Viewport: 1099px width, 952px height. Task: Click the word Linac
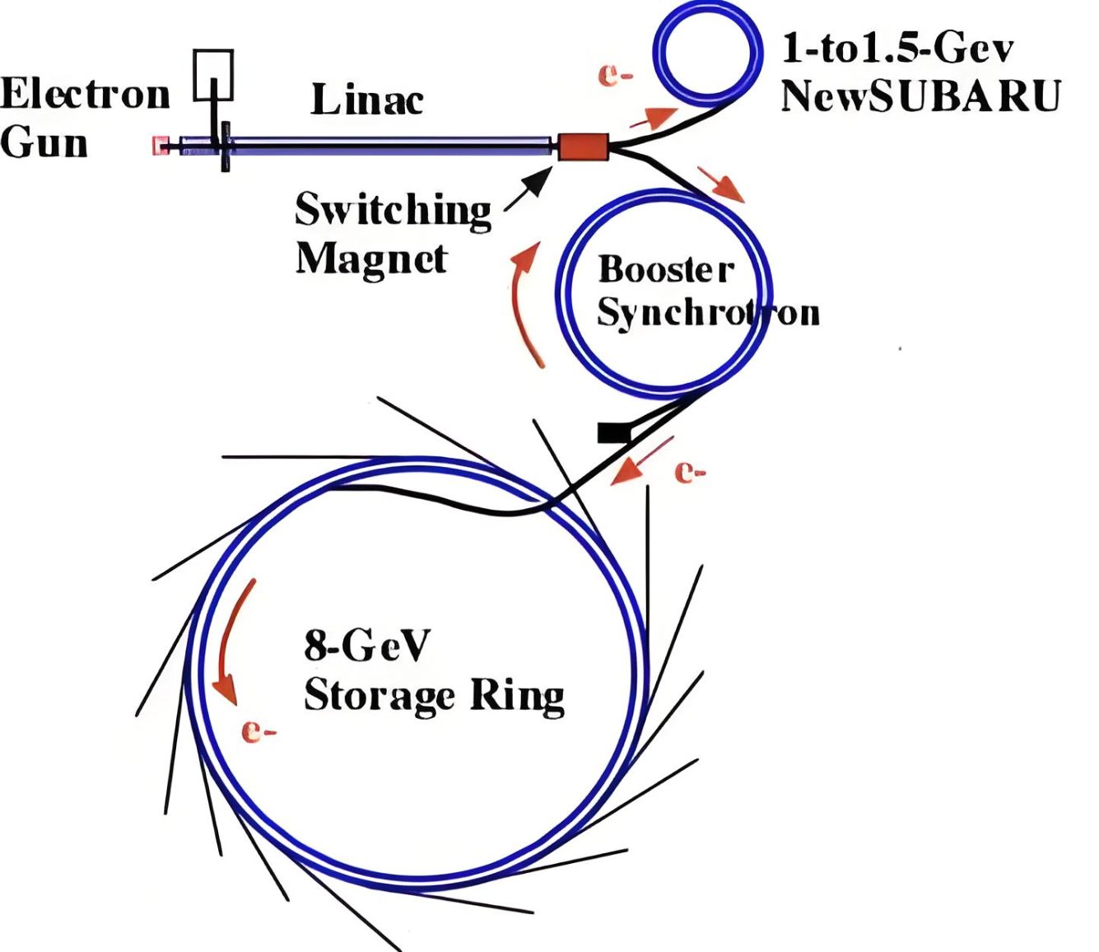tap(367, 100)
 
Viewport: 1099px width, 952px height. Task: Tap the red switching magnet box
tap(584, 147)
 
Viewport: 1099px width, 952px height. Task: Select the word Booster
tap(665, 269)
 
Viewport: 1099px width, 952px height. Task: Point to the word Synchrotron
tap(708, 313)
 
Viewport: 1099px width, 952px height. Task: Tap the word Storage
tap(379, 696)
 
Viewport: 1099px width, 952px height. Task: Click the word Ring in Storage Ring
tap(517, 696)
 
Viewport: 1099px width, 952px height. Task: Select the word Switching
tap(393, 210)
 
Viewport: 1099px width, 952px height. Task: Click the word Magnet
tap(371, 259)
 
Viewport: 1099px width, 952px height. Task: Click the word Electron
tap(85, 94)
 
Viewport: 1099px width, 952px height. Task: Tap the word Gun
tap(44, 142)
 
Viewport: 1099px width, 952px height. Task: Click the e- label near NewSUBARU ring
tap(615, 76)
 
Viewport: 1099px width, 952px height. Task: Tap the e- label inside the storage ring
tap(258, 730)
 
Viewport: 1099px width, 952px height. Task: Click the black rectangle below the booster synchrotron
tap(613, 432)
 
